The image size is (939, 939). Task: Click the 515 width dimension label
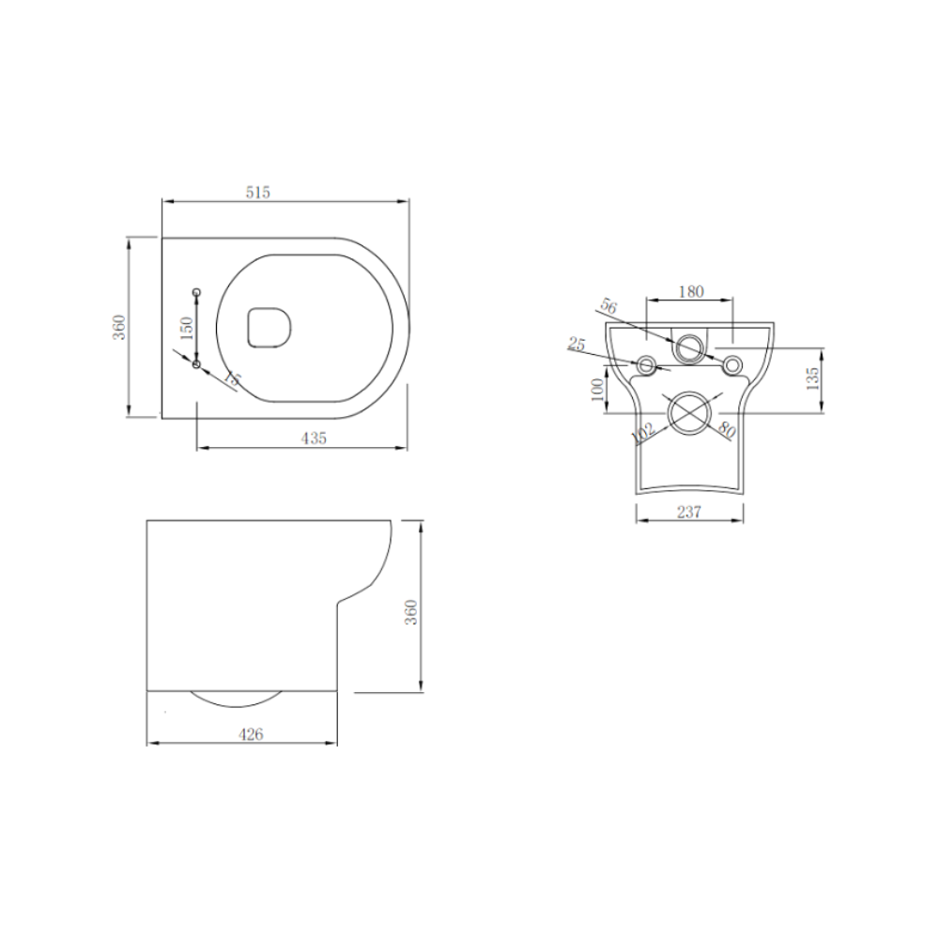coord(258,192)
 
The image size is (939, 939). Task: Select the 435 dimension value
coord(314,438)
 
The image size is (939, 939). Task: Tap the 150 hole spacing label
coord(187,327)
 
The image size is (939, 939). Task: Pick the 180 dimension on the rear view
coord(690,291)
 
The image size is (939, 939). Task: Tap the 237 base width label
coord(689,512)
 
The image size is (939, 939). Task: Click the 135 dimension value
coord(812,378)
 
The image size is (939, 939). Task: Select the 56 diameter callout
coord(608,307)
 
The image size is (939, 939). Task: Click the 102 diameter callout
coord(643,433)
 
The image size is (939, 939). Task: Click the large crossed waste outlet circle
coord(690,413)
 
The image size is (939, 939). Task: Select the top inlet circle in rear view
coord(690,346)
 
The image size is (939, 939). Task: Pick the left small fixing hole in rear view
coord(647,364)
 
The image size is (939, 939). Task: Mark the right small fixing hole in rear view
coord(732,364)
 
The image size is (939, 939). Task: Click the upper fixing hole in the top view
coord(196,293)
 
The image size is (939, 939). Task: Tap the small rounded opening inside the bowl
coord(269,326)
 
